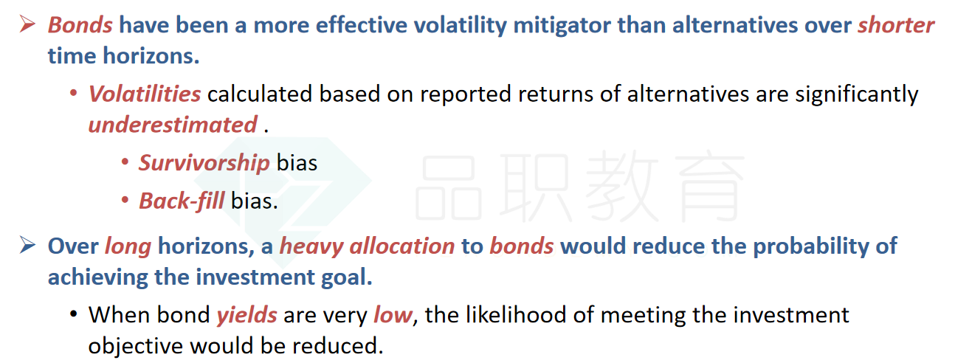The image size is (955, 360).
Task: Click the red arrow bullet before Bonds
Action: coord(27,24)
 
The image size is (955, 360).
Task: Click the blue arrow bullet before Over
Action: coord(27,246)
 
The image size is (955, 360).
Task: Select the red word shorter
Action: coord(896,24)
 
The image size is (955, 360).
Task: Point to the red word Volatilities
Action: coord(145,94)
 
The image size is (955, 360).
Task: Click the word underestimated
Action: coord(173,125)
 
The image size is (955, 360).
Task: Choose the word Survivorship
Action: coord(204,163)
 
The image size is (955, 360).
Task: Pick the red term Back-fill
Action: coord(182,201)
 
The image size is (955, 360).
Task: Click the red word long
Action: coord(128,247)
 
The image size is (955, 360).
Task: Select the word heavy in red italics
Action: coord(311,247)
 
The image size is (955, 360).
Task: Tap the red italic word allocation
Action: coord(402,246)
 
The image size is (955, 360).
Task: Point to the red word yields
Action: coord(246,316)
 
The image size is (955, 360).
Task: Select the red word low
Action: coord(393,315)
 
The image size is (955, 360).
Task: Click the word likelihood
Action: coord(516,315)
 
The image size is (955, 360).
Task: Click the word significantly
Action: coord(857,94)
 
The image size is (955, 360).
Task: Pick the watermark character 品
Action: coord(449,187)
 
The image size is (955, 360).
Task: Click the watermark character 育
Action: coord(710,186)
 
